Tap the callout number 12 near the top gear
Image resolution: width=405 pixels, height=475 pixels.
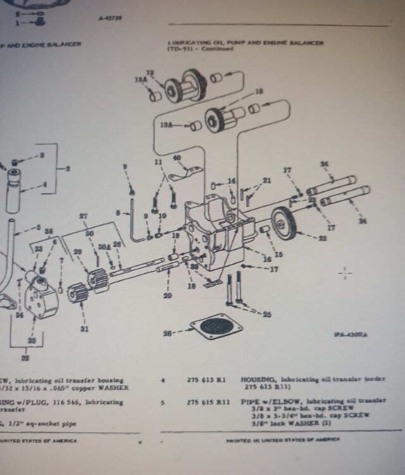pyautogui.click(x=150, y=72)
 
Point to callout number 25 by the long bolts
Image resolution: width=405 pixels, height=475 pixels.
pyautogui.click(x=266, y=314)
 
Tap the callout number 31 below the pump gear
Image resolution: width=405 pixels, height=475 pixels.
pyautogui.click(x=84, y=329)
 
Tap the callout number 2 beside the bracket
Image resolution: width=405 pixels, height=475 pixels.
pyautogui.click(x=68, y=168)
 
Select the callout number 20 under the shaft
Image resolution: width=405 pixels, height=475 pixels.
pyautogui.click(x=166, y=295)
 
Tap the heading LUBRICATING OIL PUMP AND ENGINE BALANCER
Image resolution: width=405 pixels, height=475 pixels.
pyautogui.click(x=246, y=43)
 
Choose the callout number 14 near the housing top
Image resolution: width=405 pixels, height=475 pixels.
pyautogui.click(x=232, y=181)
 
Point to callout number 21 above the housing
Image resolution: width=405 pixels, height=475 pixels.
pyautogui.click(x=266, y=181)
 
